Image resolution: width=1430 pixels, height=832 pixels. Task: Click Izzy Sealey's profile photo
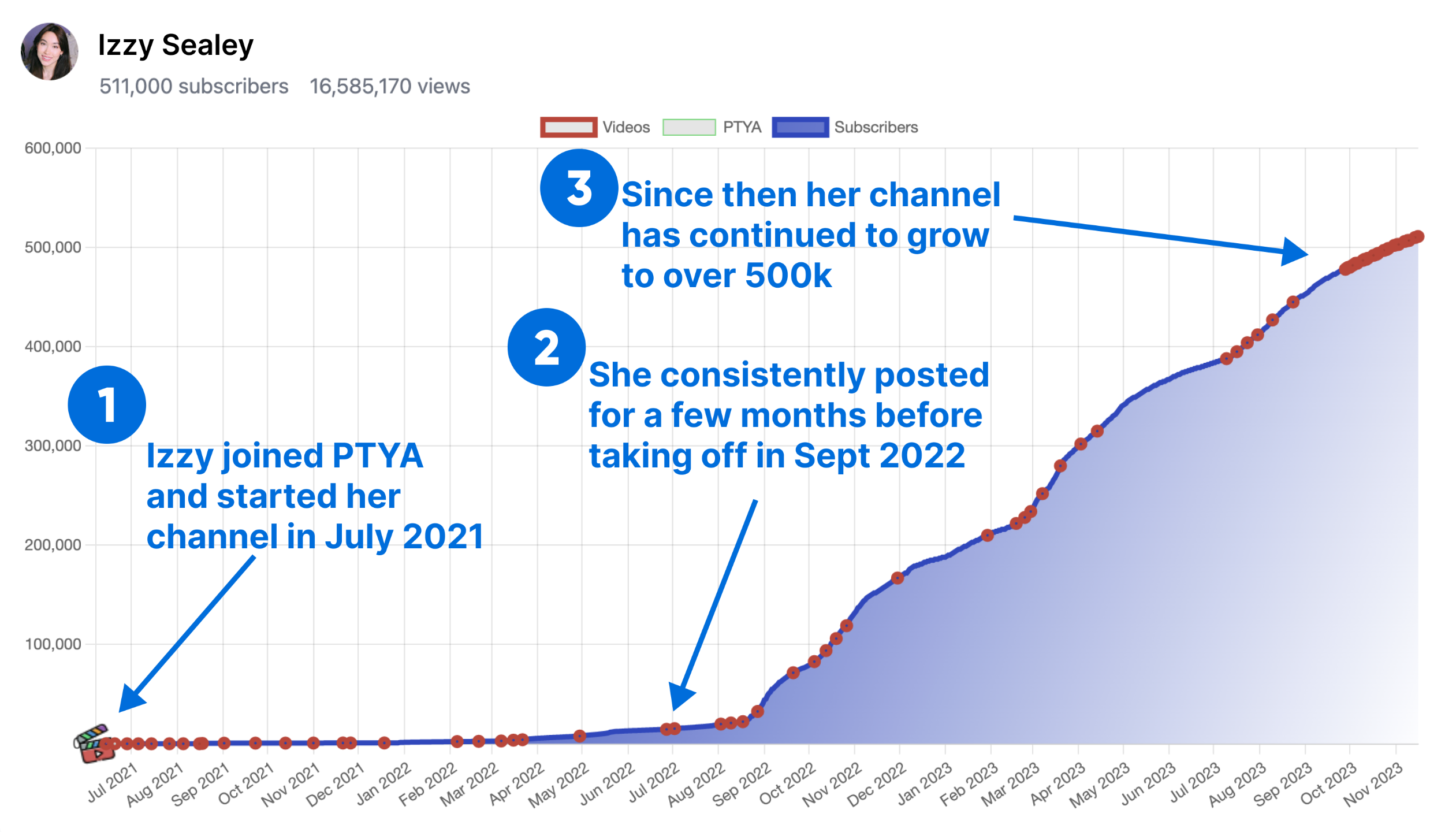click(x=50, y=52)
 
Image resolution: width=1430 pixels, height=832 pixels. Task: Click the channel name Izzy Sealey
click(x=176, y=45)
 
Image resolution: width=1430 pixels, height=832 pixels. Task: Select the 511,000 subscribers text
click(x=193, y=87)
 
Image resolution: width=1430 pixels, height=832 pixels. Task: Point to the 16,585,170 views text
click(x=390, y=87)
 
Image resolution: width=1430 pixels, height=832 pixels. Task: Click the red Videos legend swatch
click(x=568, y=127)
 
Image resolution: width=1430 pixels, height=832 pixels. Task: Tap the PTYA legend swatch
click(x=689, y=127)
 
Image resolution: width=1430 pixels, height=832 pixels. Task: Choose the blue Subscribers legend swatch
click(x=800, y=127)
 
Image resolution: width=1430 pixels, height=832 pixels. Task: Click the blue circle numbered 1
click(x=107, y=404)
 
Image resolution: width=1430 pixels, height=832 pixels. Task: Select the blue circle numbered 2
click(x=546, y=347)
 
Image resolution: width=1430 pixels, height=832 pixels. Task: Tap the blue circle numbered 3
click(x=579, y=188)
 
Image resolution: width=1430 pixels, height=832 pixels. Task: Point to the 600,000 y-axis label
click(x=53, y=148)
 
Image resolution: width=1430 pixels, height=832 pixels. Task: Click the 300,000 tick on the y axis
click(x=53, y=446)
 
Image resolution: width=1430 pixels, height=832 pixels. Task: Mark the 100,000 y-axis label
click(x=53, y=644)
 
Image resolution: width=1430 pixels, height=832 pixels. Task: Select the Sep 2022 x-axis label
click(x=742, y=783)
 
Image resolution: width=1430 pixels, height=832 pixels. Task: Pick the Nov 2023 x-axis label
click(x=1373, y=783)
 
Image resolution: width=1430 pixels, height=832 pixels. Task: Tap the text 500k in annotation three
click(x=788, y=276)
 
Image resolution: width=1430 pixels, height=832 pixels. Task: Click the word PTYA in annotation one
click(x=378, y=456)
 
